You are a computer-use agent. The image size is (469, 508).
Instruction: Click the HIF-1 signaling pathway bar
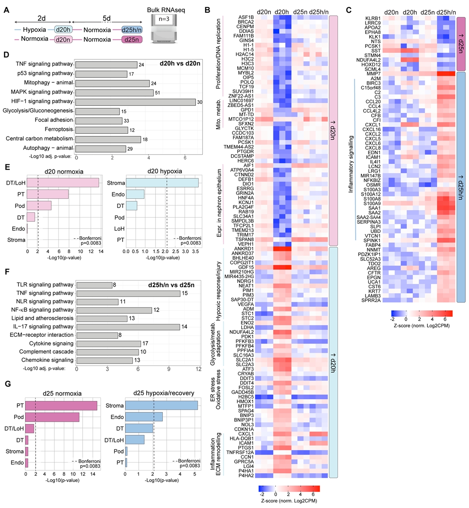click(x=135, y=102)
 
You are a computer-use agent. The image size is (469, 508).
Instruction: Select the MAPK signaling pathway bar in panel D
click(x=114, y=93)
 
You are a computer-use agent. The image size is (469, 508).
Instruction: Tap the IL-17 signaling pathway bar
click(x=128, y=327)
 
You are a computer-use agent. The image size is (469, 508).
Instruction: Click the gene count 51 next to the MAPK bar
click(x=157, y=93)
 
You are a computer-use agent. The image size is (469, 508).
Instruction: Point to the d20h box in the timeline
click(x=63, y=30)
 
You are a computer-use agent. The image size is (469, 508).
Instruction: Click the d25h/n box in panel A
click(x=132, y=30)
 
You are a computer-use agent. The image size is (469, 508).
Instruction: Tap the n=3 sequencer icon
click(x=164, y=29)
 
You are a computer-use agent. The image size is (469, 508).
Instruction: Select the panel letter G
click(x=8, y=384)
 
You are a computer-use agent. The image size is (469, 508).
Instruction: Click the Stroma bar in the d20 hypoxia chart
click(x=162, y=183)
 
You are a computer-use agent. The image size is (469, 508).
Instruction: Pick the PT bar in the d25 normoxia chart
click(x=61, y=406)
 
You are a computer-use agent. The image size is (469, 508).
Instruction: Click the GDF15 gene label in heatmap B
click(x=246, y=267)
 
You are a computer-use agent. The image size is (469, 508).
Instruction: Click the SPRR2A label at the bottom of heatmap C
click(x=371, y=300)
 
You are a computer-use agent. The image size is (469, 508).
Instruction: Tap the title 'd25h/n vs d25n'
click(x=171, y=285)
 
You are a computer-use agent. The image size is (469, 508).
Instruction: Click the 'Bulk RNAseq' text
click(x=166, y=10)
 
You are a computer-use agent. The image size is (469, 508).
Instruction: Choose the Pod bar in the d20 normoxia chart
click(x=39, y=206)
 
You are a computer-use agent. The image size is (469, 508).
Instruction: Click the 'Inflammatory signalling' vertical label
click(x=351, y=164)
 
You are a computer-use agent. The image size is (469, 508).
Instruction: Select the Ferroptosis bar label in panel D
click(x=59, y=129)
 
